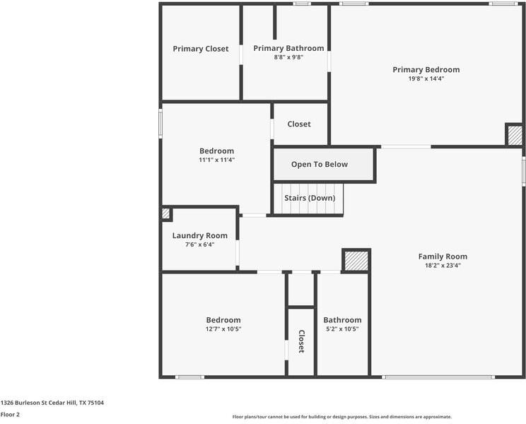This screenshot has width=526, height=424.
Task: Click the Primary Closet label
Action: pyautogui.click(x=201, y=49)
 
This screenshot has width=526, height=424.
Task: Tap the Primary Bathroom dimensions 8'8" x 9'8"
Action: pyautogui.click(x=288, y=57)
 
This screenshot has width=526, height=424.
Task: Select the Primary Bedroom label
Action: pyautogui.click(x=426, y=70)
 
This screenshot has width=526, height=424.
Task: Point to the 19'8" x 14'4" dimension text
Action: pyautogui.click(x=426, y=78)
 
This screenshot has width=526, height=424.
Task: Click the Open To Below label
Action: pyautogui.click(x=320, y=164)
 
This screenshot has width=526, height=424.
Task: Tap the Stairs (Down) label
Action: pyautogui.click(x=310, y=198)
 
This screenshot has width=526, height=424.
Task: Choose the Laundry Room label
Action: pyautogui.click(x=200, y=235)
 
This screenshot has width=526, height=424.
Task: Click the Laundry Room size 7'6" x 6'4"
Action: pyautogui.click(x=200, y=245)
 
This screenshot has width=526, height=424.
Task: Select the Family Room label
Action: pyautogui.click(x=443, y=257)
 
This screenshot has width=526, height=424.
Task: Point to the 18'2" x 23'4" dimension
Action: pyautogui.click(x=443, y=266)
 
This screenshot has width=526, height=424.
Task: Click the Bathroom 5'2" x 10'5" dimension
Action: pyautogui.click(x=342, y=329)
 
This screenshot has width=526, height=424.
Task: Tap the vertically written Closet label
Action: pyautogui.click(x=301, y=341)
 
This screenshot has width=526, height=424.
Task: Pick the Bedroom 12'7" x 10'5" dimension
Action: pyautogui.click(x=223, y=329)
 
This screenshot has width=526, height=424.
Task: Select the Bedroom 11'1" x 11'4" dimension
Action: pyautogui.click(x=217, y=160)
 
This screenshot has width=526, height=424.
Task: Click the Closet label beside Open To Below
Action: pyautogui.click(x=299, y=124)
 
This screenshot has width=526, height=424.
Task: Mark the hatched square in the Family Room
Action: pyautogui.click(x=356, y=261)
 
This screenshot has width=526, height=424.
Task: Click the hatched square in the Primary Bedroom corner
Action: pyautogui.click(x=515, y=135)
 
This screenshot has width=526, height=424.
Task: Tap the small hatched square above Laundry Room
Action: pyautogui.click(x=165, y=213)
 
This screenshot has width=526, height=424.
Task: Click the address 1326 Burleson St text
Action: pyautogui.click(x=24, y=403)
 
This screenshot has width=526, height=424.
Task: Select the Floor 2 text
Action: pyautogui.click(x=10, y=415)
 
